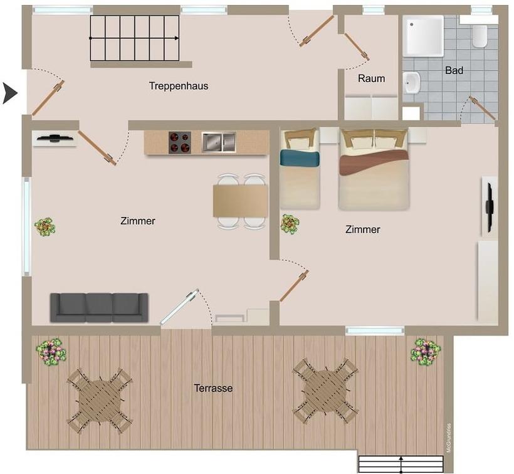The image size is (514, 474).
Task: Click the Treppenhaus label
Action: (179, 86)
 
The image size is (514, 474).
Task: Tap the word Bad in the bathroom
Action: (454, 70)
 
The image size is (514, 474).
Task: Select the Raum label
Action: (371, 78)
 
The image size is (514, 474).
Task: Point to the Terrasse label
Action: (213, 388)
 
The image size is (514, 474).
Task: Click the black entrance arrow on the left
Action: (10, 93)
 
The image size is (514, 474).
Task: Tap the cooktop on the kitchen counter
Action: (180, 142)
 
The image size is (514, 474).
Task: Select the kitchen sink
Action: (219, 142)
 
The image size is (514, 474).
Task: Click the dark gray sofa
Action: (99, 307)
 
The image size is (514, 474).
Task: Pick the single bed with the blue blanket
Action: (300, 169)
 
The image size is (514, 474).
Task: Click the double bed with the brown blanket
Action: (374, 169)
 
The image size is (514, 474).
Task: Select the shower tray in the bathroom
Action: (423, 36)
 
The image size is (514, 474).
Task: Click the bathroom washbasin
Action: (412, 83)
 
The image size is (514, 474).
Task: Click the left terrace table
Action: (99, 401)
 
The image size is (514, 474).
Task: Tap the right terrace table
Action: (325, 391)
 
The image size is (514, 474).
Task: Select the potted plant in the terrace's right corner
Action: (426, 352)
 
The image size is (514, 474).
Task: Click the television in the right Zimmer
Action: (490, 207)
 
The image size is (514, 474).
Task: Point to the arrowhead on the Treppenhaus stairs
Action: (177, 38)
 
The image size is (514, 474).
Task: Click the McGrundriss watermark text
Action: (449, 438)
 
